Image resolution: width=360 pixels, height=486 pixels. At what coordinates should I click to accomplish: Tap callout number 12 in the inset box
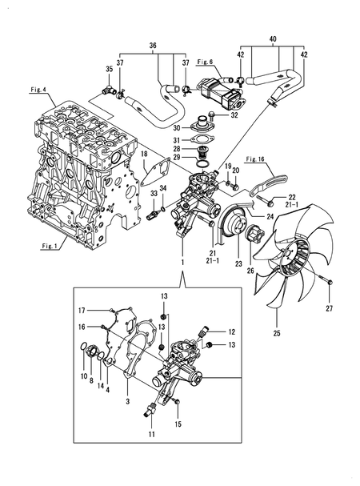(x=232, y=331)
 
